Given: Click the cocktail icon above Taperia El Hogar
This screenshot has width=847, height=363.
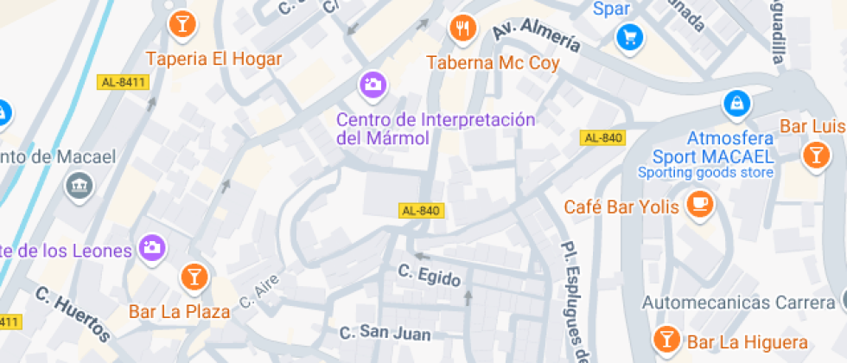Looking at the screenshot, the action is click(x=182, y=23).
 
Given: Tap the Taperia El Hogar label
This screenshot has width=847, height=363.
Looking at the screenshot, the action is click(x=214, y=59).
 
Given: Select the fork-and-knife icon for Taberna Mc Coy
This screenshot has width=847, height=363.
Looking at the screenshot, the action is click(x=463, y=28).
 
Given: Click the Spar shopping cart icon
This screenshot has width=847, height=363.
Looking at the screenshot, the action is click(x=629, y=36).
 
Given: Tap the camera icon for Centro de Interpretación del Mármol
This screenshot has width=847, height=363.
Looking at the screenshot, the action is click(x=373, y=84).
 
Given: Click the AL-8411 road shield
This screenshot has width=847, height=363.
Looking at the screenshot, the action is click(x=124, y=82).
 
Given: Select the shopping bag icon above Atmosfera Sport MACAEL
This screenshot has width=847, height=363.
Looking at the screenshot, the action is click(x=736, y=103).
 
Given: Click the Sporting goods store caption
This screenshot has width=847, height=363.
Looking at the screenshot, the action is click(x=705, y=173).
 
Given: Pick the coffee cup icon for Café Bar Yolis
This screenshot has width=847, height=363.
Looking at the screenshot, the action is click(x=699, y=205).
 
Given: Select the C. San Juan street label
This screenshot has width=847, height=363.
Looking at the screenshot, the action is click(x=385, y=332).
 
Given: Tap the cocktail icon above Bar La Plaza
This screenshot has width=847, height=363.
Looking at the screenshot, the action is click(x=194, y=277).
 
